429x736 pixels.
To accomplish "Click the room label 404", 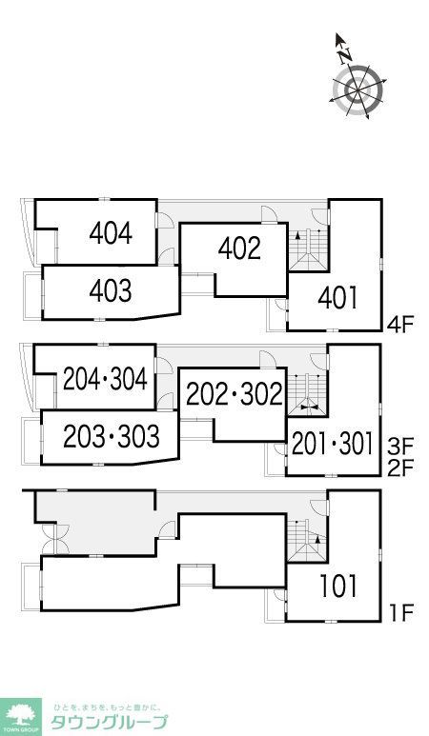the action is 111,233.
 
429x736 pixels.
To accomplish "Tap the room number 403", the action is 111,291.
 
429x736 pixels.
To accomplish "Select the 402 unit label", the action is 239,249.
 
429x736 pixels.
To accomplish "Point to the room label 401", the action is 338,298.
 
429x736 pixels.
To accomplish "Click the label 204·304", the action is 106,379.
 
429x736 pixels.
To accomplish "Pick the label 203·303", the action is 112,436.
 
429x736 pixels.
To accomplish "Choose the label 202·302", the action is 235,394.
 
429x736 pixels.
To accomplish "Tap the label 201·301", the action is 333,444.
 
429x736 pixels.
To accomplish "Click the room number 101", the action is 338,586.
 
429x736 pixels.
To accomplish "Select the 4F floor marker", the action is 399,325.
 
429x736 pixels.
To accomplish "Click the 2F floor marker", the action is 399,468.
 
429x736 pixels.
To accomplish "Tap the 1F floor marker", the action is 400,612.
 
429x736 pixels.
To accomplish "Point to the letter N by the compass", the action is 345,56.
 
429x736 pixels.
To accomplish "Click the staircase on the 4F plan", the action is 308,249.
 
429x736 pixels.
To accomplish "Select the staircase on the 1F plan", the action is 308,540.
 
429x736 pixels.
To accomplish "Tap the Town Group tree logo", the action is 21,716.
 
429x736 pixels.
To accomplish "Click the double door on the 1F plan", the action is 55,538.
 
